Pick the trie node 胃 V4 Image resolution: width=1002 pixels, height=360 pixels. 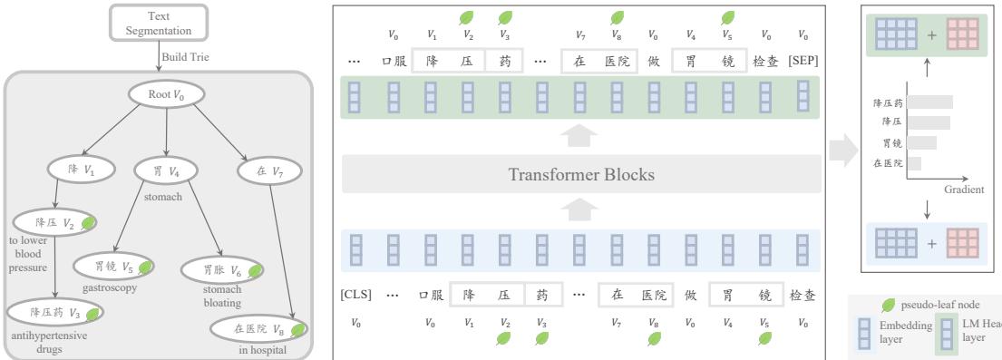[x=164, y=169]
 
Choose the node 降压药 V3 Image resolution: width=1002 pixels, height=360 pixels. [x=56, y=312]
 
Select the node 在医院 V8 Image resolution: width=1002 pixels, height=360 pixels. [x=258, y=329]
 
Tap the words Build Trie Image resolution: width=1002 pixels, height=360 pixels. [x=187, y=56]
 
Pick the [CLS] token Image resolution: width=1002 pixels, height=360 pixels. [x=355, y=295]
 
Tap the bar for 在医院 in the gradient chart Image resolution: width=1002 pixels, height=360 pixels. [x=914, y=163]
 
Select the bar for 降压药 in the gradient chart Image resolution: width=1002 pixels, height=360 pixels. [x=929, y=102]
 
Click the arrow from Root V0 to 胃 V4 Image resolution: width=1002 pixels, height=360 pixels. [x=163, y=136]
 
